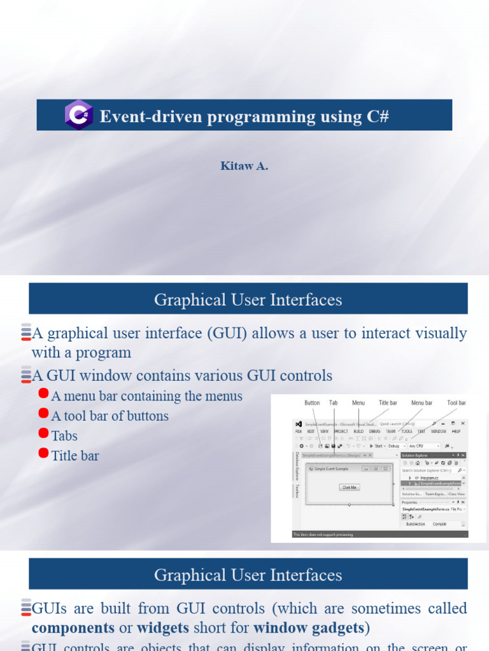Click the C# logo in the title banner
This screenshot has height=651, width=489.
(x=79, y=115)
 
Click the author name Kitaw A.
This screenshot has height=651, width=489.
(x=244, y=167)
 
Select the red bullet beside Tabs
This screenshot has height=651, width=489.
(x=44, y=434)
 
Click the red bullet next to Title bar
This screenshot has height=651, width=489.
(x=44, y=453)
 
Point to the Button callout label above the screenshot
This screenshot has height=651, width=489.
(x=312, y=403)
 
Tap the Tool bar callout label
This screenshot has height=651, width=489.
(x=456, y=403)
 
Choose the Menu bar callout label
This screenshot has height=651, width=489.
(x=422, y=403)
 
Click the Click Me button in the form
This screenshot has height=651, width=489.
(x=350, y=487)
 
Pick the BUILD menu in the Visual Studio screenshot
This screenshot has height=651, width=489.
(x=358, y=431)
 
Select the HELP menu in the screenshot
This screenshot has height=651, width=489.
(x=456, y=431)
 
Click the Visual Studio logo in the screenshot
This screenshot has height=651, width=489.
(x=298, y=423)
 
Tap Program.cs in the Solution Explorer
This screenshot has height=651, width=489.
(x=428, y=477)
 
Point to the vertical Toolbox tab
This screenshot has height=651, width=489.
(x=297, y=491)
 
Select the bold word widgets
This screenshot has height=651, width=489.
(x=163, y=628)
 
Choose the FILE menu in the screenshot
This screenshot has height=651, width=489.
(x=298, y=431)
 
